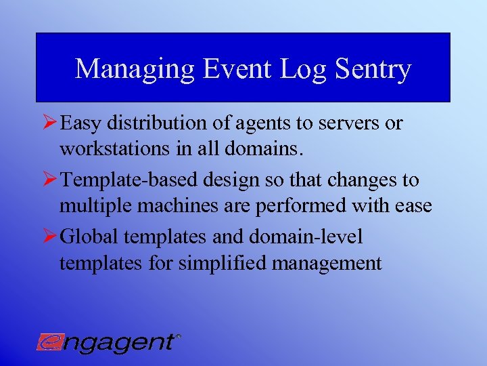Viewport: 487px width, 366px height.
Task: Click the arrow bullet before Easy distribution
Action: click(48, 123)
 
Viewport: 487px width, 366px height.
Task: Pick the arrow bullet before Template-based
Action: click(48, 180)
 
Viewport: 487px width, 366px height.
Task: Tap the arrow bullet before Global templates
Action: click(48, 237)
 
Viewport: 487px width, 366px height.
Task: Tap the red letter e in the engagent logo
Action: click(49, 341)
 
